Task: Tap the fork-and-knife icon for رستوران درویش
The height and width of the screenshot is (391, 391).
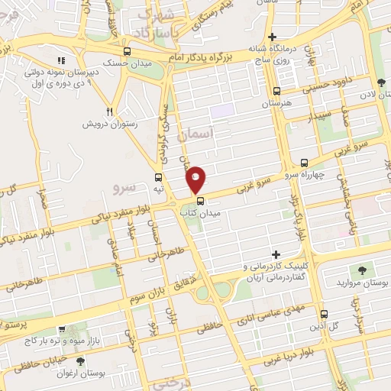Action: tap(111, 111)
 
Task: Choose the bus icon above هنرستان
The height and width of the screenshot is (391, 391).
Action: tap(279, 90)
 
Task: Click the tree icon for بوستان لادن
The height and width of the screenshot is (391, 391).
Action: tap(380, 82)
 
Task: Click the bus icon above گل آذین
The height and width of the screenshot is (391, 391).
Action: tap(324, 313)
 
